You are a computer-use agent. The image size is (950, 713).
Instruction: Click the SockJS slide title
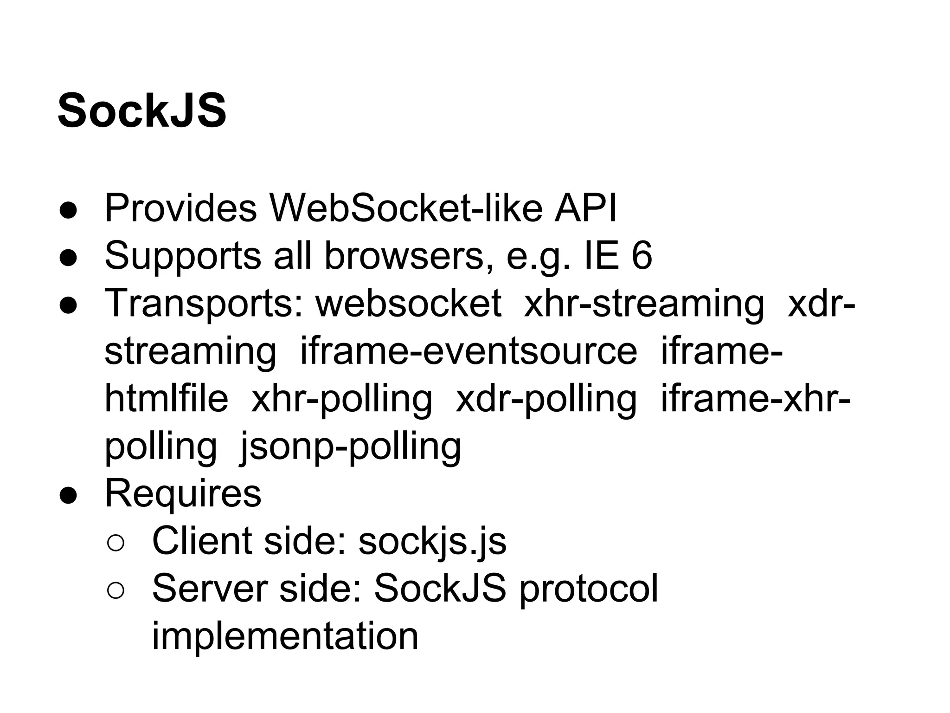(142, 111)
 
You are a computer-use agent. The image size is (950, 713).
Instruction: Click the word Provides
(180, 208)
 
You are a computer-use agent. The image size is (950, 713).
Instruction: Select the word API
(585, 208)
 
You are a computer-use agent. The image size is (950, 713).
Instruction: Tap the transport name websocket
(408, 304)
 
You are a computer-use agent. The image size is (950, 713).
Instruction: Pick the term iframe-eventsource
(469, 351)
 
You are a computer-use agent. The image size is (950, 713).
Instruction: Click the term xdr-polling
(546, 399)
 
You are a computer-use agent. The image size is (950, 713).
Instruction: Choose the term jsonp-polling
(350, 447)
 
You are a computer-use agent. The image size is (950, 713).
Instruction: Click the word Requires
(183, 494)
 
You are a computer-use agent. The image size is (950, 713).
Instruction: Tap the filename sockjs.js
(432, 541)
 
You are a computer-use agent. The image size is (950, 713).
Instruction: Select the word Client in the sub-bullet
(202, 541)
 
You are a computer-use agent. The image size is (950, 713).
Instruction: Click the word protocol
(588, 590)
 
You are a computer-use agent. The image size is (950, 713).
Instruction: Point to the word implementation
(285, 636)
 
